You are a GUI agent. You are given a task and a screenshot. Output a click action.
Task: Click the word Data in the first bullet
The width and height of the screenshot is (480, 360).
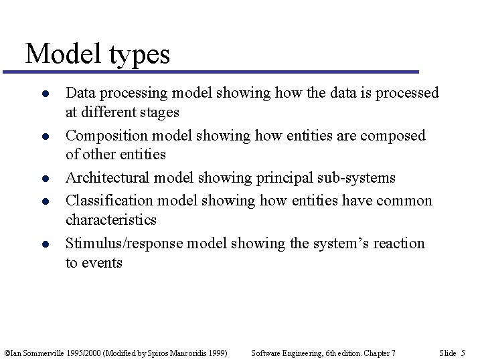pos(79,93)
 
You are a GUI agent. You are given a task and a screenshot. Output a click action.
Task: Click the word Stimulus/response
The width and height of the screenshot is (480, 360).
pos(124,244)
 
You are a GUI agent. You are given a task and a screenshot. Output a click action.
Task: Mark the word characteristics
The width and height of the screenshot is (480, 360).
pos(110,220)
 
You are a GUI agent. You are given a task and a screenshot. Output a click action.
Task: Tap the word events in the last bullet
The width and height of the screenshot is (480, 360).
pos(102,263)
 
